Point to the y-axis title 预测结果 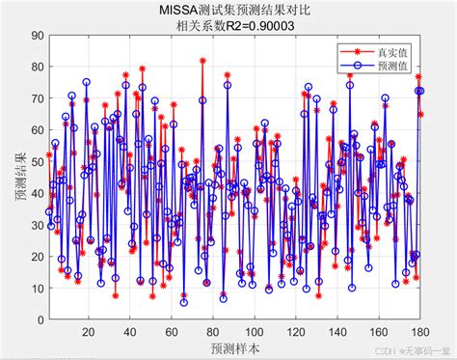coord(20,180)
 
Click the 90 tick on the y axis coord(36,36)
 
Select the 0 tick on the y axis coord(39,322)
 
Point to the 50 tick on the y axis coord(36,163)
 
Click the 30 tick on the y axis coord(36,227)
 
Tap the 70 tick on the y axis coord(36,99)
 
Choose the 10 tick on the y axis coord(36,291)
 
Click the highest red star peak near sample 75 coord(202,61)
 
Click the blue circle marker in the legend coord(356,67)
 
